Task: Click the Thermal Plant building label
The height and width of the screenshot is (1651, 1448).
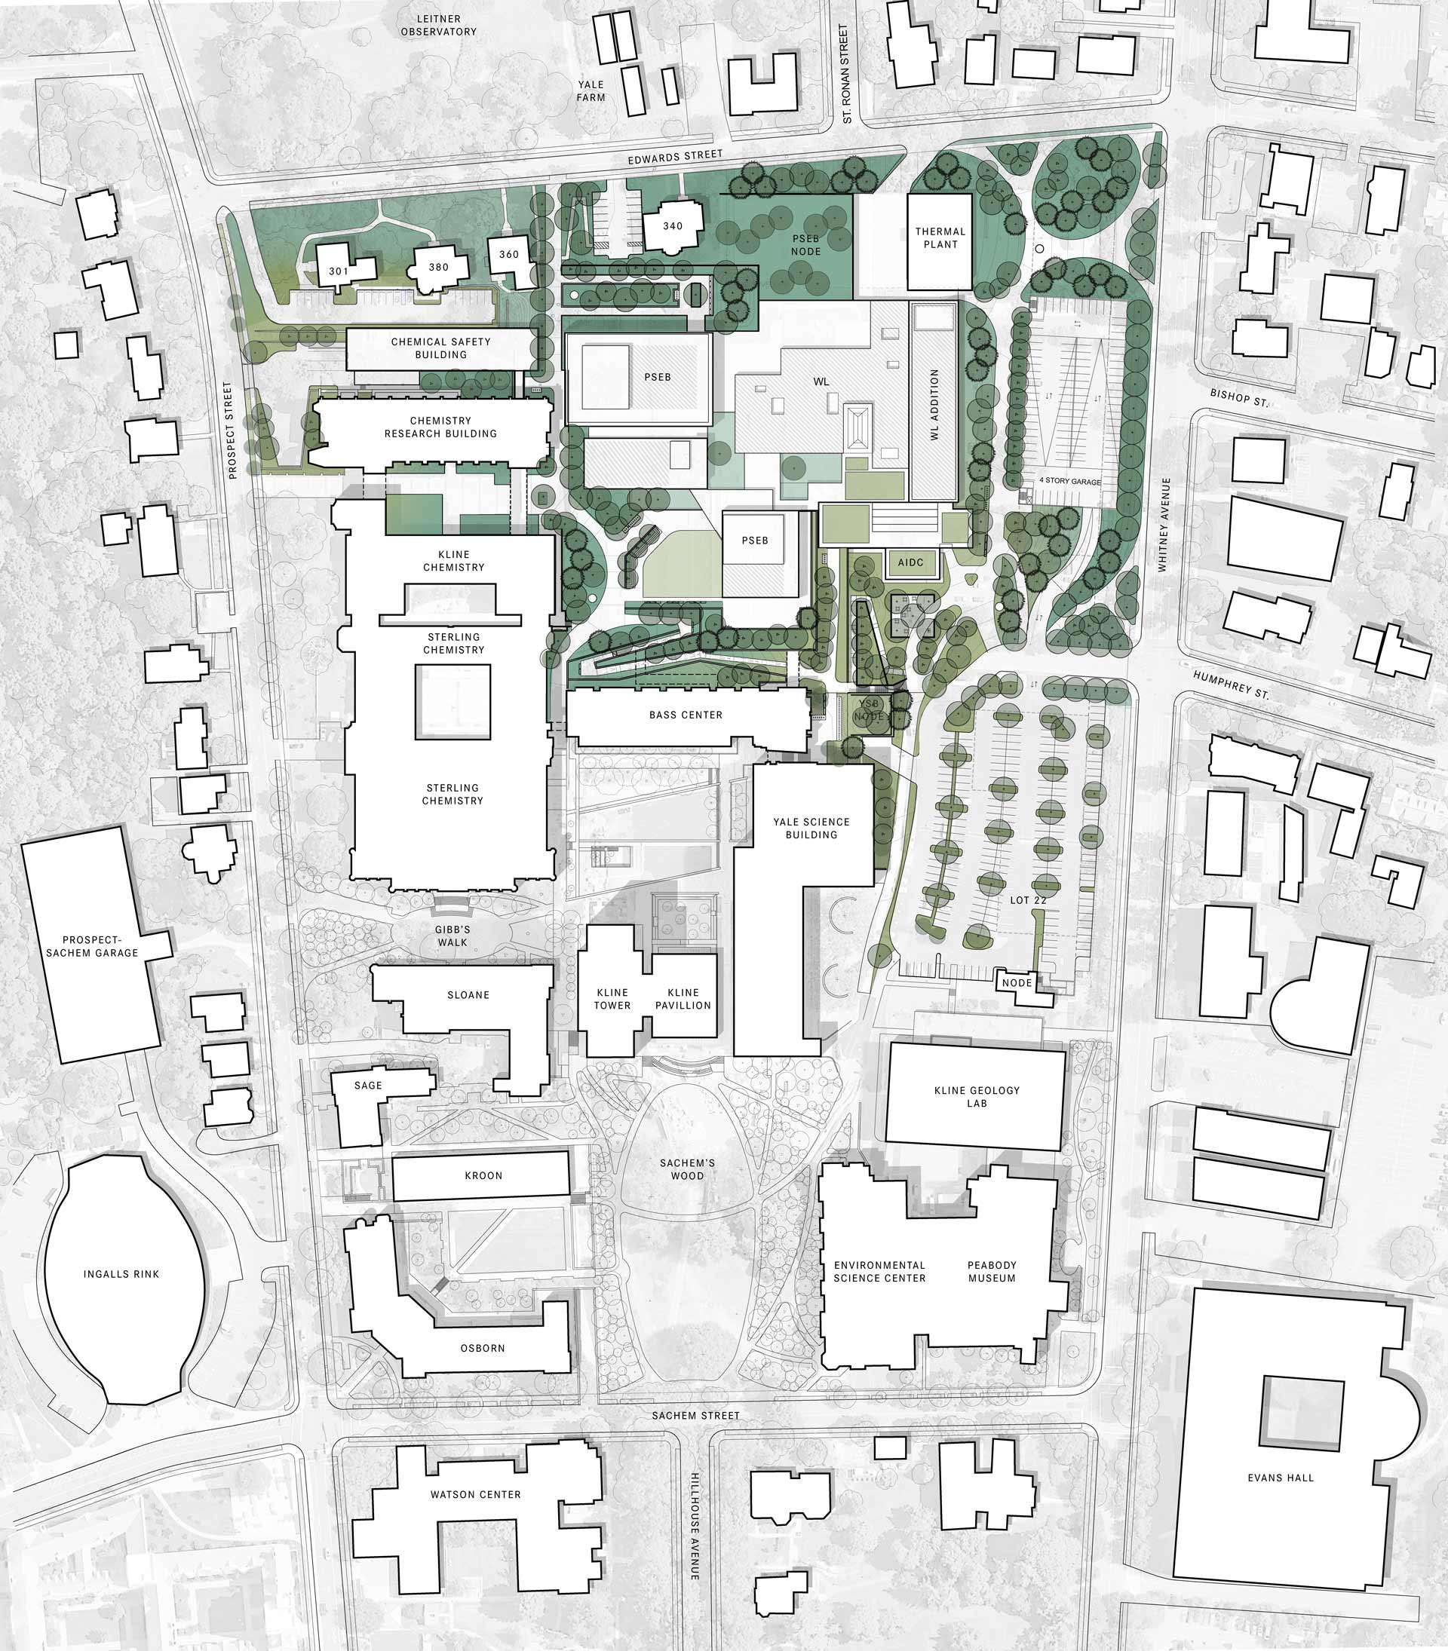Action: click(940, 237)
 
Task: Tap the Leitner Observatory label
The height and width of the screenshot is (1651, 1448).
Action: click(439, 25)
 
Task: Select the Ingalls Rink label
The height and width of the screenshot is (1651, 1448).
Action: click(121, 1274)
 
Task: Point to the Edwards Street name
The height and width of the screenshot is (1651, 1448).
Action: click(675, 156)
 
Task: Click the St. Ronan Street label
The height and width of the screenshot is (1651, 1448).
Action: click(846, 74)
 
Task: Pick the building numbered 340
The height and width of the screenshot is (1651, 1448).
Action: click(673, 226)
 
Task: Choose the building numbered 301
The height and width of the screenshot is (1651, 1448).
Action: click(339, 271)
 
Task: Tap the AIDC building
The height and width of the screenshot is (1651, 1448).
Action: click(911, 563)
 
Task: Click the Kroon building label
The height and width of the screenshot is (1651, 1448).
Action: click(483, 1175)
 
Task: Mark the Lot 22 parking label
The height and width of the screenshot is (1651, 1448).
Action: click(1028, 900)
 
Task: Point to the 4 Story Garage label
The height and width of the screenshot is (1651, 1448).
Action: click(1070, 481)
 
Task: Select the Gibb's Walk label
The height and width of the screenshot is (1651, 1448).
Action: click(452, 936)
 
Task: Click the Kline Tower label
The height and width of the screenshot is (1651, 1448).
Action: click(612, 998)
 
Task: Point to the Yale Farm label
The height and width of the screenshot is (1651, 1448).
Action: click(591, 90)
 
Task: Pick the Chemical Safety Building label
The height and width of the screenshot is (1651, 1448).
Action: click(440, 348)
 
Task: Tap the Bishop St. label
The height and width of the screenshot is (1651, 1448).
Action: click(1238, 397)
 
